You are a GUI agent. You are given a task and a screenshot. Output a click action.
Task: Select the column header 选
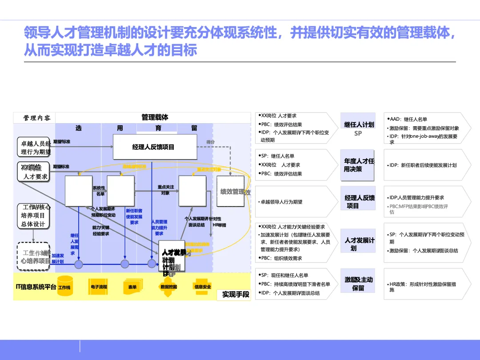coord(79,128)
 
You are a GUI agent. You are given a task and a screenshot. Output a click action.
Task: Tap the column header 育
coord(158,128)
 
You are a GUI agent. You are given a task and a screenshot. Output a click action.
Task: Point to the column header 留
coord(194,128)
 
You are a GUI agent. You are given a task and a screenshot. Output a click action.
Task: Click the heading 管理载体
coord(155,117)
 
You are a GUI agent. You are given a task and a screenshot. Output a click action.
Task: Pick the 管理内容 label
coord(37,118)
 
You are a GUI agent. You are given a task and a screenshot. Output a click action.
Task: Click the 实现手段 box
coord(236,294)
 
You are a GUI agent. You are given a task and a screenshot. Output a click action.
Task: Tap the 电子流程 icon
coord(99,287)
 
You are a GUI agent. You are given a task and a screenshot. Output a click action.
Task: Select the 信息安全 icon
coord(203,287)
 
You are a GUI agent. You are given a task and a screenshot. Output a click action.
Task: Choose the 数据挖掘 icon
coord(169,287)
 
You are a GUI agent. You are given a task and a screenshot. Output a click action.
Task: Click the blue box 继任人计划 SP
coord(358,128)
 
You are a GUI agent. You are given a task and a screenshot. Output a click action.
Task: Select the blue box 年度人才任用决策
coord(358,165)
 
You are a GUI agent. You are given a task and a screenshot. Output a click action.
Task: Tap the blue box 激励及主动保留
coord(358,284)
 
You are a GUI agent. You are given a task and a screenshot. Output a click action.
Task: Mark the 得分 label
coord(211,142)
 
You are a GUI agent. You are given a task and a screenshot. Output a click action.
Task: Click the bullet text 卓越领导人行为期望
coord(281,202)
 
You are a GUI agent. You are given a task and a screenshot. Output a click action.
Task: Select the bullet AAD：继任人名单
coord(408,119)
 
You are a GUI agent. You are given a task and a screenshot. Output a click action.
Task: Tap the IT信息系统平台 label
coord(36,287)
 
